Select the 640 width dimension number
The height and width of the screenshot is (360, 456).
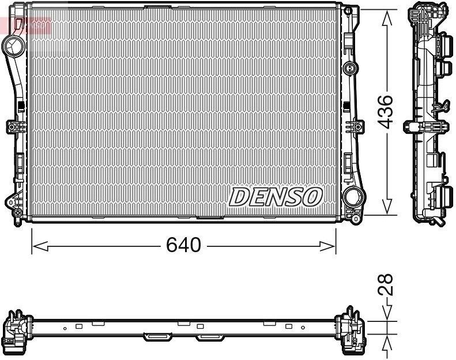click(183, 245)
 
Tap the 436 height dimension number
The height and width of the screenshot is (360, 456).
click(387, 111)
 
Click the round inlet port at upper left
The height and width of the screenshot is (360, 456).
click(12, 44)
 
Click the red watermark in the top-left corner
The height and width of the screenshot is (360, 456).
click(27, 25)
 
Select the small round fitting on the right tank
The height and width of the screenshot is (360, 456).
click(348, 69)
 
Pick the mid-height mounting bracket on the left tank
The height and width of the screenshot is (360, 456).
click(14, 126)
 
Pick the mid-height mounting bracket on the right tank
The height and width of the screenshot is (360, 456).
click(353, 126)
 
